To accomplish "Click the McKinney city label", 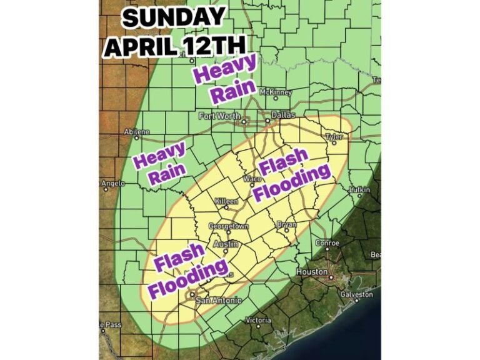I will (x=276, y=92).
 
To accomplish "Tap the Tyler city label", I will (x=334, y=136).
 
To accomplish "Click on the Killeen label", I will (x=226, y=202).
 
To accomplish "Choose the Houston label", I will (x=312, y=272).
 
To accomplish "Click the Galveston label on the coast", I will (x=356, y=294).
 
